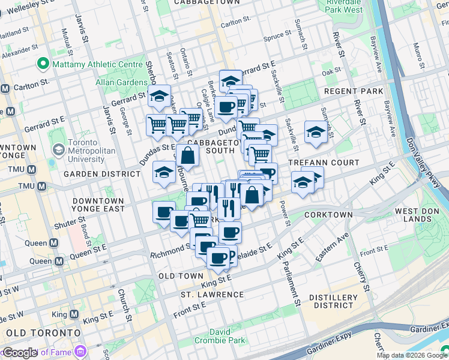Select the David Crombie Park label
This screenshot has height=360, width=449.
(228, 336)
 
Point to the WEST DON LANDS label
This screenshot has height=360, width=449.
(415, 215)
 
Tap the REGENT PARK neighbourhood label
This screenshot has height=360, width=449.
(353, 91)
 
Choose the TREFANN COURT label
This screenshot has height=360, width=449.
(324, 163)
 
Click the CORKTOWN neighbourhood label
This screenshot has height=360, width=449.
(328, 214)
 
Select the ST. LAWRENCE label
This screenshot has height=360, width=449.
(212, 295)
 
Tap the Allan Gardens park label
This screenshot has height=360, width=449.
(121, 82)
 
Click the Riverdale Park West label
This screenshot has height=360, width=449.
(345, 6)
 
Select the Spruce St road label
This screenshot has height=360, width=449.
(277, 37)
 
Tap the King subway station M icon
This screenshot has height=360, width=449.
(74, 314)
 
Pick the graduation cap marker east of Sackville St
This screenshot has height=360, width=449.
(316, 131)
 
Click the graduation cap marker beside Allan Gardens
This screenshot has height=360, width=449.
(159, 95)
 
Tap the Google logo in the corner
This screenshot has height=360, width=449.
(19, 353)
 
